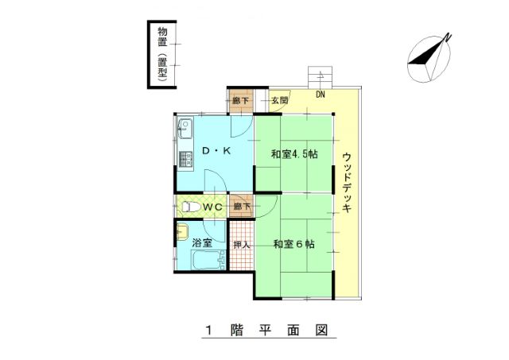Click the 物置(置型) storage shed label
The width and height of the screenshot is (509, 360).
(162, 54)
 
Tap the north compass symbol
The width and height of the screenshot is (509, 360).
(429, 58)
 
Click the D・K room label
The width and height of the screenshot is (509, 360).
(216, 150)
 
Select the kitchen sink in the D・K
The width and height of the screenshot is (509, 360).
(185, 128)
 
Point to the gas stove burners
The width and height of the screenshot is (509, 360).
(185, 159)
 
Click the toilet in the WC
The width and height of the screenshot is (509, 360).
(190, 207)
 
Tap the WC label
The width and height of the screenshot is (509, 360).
(212, 207)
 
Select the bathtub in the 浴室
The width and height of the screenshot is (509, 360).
(208, 260)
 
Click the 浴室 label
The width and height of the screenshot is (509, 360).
(202, 243)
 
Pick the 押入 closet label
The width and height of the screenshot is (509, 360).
(242, 245)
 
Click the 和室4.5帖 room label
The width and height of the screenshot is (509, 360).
(294, 153)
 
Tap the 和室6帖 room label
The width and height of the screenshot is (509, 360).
(293, 244)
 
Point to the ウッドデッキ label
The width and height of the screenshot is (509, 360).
(347, 183)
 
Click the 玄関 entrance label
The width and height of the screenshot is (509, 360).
(279, 100)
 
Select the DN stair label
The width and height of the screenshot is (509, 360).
(321, 95)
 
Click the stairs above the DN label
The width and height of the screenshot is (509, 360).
(321, 77)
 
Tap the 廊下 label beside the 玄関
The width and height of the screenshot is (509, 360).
(240, 101)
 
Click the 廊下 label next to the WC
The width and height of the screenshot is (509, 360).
(242, 206)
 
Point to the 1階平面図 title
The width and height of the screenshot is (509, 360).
(267, 330)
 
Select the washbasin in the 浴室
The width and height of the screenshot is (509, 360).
(182, 231)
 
